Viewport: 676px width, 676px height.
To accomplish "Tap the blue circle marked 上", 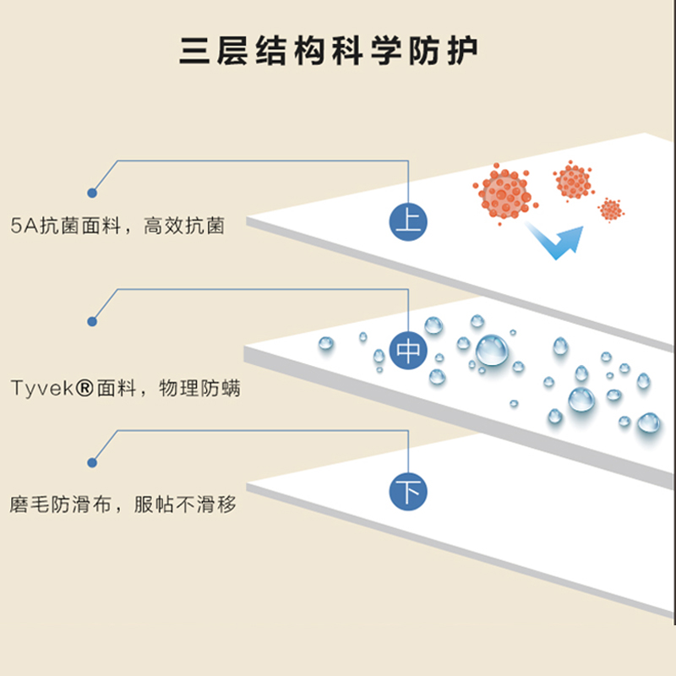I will point(409,221).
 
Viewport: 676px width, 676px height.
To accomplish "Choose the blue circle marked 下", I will point(409,491).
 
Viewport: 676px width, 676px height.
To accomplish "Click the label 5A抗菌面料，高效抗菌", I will point(119,226).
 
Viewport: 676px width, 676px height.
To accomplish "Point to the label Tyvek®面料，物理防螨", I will point(127,389).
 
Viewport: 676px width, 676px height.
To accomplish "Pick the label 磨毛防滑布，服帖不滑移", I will point(123,505).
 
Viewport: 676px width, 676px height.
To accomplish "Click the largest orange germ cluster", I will point(502,194).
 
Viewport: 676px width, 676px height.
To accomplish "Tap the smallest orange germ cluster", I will point(610,209).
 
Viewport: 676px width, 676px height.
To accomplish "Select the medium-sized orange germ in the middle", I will point(573,181).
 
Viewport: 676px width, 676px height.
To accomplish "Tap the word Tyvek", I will point(37,389).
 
